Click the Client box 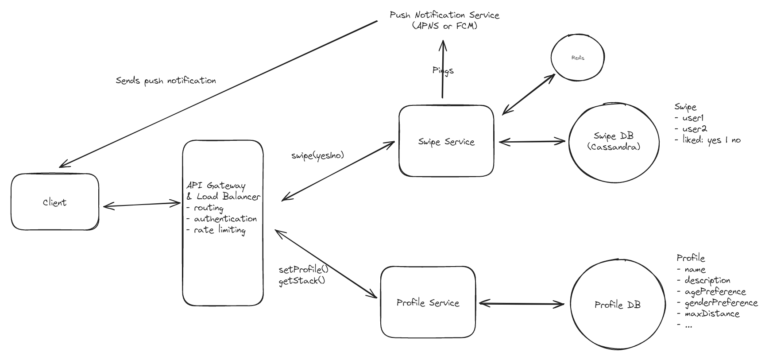tap(54, 202)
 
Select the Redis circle tap(577, 58)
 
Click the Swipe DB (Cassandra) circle tap(613, 141)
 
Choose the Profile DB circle tap(617, 305)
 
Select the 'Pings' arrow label tap(443, 70)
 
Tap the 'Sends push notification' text tap(166, 81)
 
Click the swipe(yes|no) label tap(317, 155)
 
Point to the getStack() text tap(301, 281)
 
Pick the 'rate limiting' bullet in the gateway tap(219, 230)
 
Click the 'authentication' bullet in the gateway tap(225, 219)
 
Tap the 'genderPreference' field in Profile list tap(721, 302)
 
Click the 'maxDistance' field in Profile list tap(712, 314)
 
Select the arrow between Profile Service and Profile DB tap(522, 304)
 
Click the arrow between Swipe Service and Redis tap(529, 94)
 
